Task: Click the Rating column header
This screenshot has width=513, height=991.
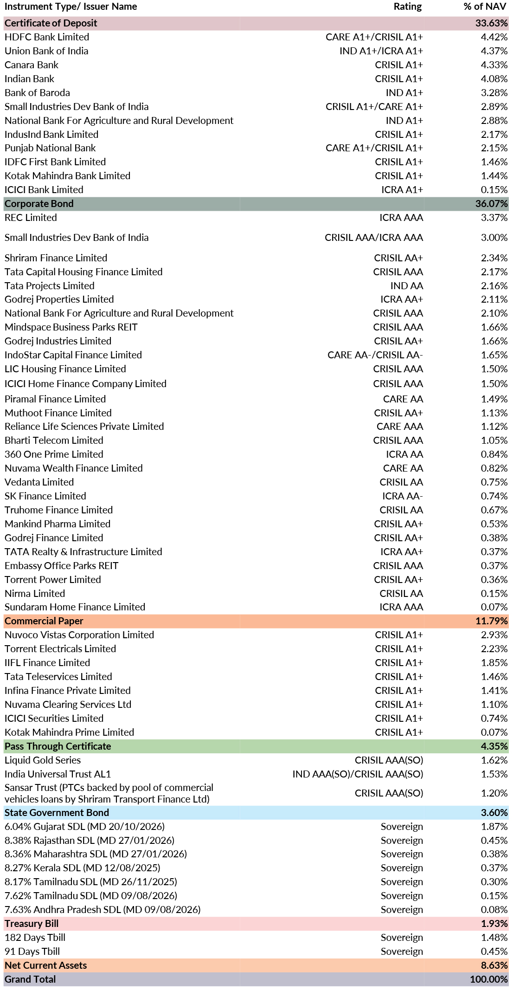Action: pyautogui.click(x=408, y=6)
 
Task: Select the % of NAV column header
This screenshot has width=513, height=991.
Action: pyautogui.click(x=485, y=6)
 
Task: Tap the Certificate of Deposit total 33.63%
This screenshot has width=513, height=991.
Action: pyautogui.click(x=492, y=23)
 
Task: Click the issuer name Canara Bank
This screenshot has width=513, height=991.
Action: pyautogui.click(x=32, y=65)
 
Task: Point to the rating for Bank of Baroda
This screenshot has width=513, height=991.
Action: pyautogui.click(x=404, y=93)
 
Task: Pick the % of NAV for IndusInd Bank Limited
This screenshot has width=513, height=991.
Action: pyautogui.click(x=494, y=135)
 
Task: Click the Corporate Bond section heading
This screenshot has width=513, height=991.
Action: pyautogui.click(x=39, y=204)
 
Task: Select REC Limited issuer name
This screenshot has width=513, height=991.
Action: pyautogui.click(x=31, y=218)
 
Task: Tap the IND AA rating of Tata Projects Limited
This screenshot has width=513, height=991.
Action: pyautogui.click(x=407, y=286)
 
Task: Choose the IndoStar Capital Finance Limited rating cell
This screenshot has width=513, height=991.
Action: pyautogui.click(x=375, y=355)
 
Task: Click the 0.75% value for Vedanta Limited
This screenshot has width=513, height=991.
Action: pyautogui.click(x=494, y=482)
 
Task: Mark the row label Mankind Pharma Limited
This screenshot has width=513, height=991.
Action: pyautogui.click(x=58, y=524)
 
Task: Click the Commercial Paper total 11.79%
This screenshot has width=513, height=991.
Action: pyautogui.click(x=492, y=621)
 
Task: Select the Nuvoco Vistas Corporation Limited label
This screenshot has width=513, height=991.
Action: pyautogui.click(x=79, y=635)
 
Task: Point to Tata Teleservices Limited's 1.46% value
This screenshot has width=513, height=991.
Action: pyautogui.click(x=494, y=677)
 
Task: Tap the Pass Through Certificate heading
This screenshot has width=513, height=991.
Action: pyautogui.click(x=58, y=746)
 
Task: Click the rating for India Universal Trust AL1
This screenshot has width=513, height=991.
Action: pyautogui.click(x=358, y=774)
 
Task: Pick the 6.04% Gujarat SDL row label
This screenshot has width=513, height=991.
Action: pyautogui.click(x=84, y=827)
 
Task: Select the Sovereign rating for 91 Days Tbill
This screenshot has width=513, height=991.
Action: pyautogui.click(x=402, y=952)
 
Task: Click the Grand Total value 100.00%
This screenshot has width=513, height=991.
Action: pyautogui.click(x=489, y=979)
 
